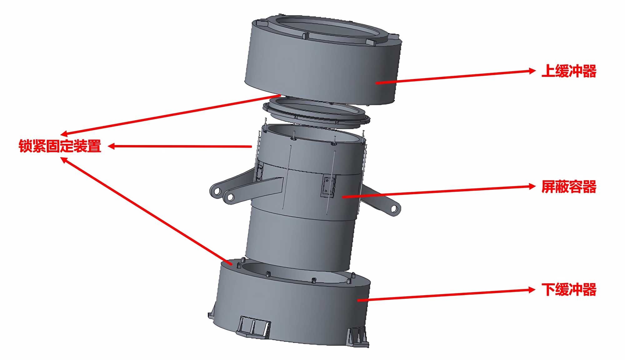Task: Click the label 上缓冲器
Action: (569, 71)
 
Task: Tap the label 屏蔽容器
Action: (569, 187)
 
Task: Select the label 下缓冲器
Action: (569, 289)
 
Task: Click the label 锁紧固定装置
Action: (60, 146)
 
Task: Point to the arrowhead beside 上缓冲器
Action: (532, 71)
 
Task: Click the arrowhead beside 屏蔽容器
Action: (532, 187)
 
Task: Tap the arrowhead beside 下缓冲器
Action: (532, 290)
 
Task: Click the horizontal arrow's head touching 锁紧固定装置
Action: (112, 146)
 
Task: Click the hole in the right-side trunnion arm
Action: (394, 209)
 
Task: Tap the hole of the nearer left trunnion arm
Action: (230, 197)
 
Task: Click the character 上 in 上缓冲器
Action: (548, 71)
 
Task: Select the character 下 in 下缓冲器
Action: (548, 289)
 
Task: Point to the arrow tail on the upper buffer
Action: (377, 83)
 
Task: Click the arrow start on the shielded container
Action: (343, 197)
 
